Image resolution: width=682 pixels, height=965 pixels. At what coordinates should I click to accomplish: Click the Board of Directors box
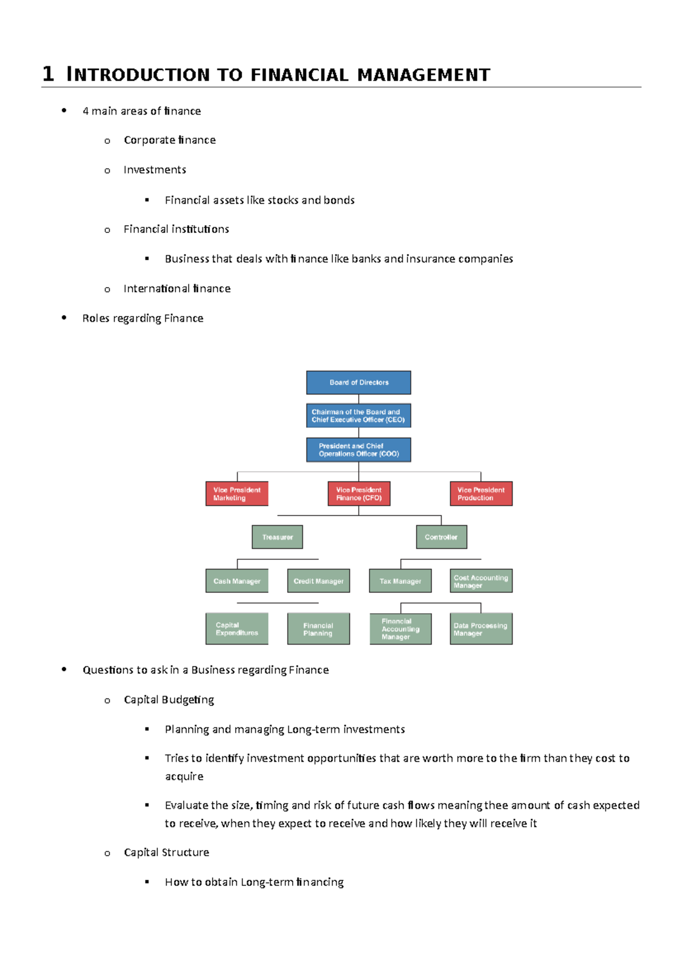click(359, 382)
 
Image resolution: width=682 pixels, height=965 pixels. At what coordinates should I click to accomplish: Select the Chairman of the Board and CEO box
click(359, 415)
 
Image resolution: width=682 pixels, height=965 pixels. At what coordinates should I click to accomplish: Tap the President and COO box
click(359, 450)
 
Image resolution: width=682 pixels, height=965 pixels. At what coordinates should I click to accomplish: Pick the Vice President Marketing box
click(237, 494)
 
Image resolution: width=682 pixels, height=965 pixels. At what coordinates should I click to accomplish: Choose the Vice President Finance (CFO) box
click(359, 494)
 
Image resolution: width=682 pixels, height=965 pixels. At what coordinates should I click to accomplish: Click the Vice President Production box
click(481, 494)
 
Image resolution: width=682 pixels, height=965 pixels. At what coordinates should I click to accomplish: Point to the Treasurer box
click(277, 537)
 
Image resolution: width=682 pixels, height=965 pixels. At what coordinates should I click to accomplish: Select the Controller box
click(442, 537)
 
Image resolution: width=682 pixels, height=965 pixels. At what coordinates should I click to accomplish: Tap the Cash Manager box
click(237, 581)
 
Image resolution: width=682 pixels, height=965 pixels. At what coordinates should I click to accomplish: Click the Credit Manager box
click(319, 581)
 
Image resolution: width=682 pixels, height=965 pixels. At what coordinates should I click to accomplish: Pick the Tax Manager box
click(400, 581)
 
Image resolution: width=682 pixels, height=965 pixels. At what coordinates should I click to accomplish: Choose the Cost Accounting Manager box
click(481, 581)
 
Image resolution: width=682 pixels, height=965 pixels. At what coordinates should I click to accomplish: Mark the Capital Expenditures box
click(237, 629)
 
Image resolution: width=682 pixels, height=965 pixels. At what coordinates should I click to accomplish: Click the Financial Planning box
click(319, 629)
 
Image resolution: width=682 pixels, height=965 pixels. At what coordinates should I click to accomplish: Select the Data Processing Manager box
click(481, 629)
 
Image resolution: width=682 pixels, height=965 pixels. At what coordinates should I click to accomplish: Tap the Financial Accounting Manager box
click(401, 629)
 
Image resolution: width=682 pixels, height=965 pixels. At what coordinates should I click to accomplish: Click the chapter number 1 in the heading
click(48, 74)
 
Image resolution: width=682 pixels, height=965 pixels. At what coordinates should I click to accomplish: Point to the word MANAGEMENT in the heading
click(424, 75)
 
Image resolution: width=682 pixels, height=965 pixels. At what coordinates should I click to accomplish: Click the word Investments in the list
click(155, 170)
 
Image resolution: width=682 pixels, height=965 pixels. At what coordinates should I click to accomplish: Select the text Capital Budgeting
click(169, 700)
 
